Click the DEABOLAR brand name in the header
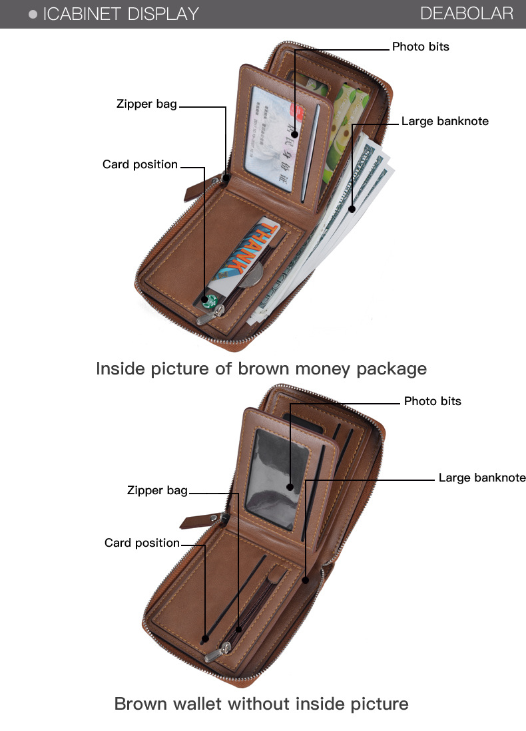click(x=467, y=13)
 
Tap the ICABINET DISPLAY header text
click(x=121, y=14)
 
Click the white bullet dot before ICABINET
click(x=33, y=14)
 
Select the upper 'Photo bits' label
click(x=420, y=47)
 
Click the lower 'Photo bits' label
click(x=432, y=401)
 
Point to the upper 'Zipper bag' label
click(x=146, y=104)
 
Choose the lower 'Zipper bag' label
click(x=157, y=490)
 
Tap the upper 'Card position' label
click(x=140, y=164)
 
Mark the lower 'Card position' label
click(x=142, y=543)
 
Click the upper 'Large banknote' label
click(x=445, y=121)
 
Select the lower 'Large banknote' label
click(x=481, y=478)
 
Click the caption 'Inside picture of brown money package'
click(x=261, y=368)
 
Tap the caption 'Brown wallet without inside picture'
click(x=261, y=703)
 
